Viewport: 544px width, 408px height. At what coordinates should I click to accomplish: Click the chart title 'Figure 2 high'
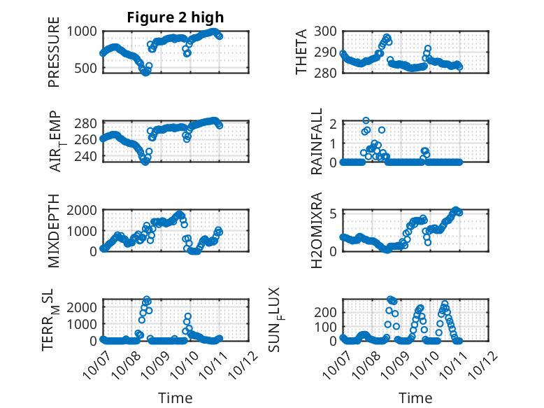[x=176, y=17]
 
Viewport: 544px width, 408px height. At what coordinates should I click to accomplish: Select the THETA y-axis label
[x=302, y=52]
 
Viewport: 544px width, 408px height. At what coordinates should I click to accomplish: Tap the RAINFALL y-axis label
[x=317, y=141]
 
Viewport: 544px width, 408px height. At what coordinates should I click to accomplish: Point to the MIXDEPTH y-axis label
[x=54, y=230]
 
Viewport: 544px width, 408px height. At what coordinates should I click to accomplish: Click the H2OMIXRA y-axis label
[x=317, y=230]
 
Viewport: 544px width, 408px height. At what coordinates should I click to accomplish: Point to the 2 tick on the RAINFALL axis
[x=334, y=124]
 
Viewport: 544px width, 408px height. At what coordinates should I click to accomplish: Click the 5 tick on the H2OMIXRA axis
[x=334, y=213]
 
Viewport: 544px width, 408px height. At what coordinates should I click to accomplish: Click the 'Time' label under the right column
[x=415, y=398]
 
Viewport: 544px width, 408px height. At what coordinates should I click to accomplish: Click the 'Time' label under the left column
[x=176, y=398]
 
